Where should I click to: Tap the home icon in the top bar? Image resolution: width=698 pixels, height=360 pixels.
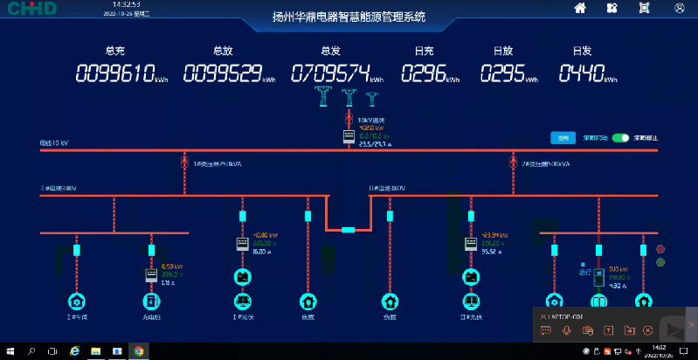[x=579, y=8]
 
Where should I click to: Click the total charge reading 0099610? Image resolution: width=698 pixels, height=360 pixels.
[x=115, y=73]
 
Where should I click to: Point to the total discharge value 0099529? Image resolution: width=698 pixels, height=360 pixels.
[x=223, y=73]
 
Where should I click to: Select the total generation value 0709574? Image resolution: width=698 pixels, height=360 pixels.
[x=330, y=73]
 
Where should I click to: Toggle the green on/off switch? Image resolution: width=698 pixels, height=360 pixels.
[x=620, y=138]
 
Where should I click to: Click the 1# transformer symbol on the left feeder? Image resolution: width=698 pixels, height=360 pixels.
[x=184, y=163]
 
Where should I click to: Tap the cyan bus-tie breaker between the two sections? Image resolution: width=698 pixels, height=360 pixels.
[x=349, y=230]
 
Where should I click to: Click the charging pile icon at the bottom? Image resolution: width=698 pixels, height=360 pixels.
[x=151, y=301]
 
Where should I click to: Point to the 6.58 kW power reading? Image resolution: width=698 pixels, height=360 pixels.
[x=171, y=267]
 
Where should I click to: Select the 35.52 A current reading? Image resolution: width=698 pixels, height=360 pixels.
[x=494, y=251]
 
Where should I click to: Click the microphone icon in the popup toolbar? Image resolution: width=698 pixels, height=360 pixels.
[x=567, y=330]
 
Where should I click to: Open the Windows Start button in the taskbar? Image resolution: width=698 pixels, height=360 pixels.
[x=10, y=351]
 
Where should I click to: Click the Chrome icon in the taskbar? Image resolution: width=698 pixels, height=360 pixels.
[x=138, y=351]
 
